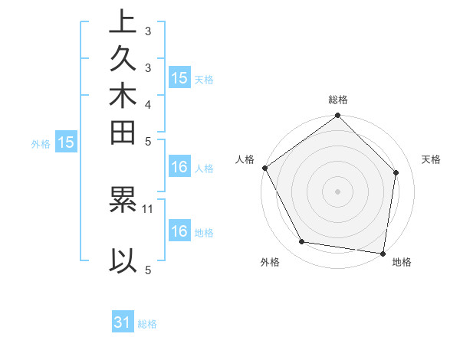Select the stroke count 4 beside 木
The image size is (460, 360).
click(x=148, y=103)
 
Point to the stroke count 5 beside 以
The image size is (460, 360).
click(x=148, y=270)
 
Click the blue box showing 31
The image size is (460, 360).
click(x=123, y=322)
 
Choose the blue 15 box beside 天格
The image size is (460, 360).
click(x=179, y=77)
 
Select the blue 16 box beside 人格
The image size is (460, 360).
click(x=179, y=167)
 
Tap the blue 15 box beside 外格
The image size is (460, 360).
click(x=66, y=142)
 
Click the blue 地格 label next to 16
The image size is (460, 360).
click(x=204, y=233)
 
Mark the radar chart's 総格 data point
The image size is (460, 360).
click(x=337, y=116)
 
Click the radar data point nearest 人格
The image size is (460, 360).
click(x=264, y=168)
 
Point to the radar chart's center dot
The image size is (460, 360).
click(x=337, y=191)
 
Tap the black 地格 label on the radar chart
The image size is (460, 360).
click(x=402, y=262)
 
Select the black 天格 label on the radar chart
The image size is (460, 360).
click(x=431, y=159)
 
